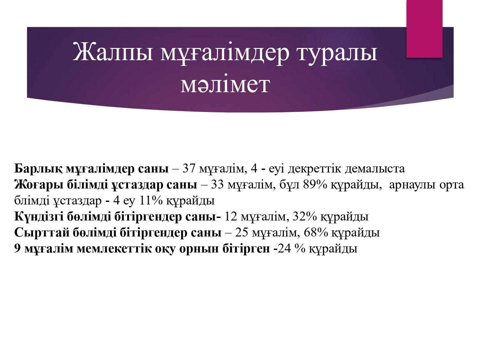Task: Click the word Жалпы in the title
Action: click(x=113, y=52)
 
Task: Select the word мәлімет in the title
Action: click(x=225, y=84)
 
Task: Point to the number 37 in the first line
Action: click(x=189, y=169)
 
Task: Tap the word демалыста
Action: click(x=375, y=169)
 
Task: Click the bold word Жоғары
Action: click(x=39, y=185)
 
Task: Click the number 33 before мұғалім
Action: click(x=217, y=185)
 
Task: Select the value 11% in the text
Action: click(x=151, y=200)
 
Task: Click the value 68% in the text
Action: click(x=316, y=232)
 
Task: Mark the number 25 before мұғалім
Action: click(x=242, y=232)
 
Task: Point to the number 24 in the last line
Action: click(x=284, y=248)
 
